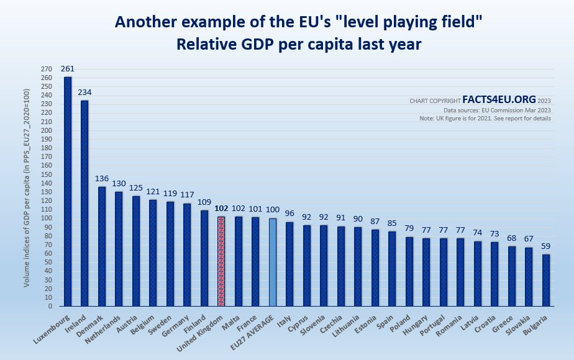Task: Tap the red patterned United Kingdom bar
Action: point(221,261)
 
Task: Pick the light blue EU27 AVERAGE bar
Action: point(272,262)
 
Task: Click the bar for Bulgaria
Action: point(545,280)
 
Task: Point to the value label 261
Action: point(68,69)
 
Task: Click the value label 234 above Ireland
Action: point(84,92)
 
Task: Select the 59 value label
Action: point(545,246)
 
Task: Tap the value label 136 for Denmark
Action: point(102,179)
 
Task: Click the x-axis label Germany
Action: point(177,322)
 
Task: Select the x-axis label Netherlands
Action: point(105,326)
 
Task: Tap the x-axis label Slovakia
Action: point(520,323)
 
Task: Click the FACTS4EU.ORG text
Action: point(499,99)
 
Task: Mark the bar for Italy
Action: point(289,264)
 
